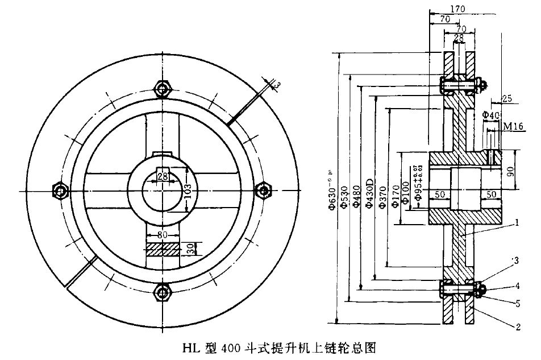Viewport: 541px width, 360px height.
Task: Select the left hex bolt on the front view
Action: tap(59, 190)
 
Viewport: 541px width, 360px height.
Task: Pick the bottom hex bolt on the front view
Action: tap(163, 292)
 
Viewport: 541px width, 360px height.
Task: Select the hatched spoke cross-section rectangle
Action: tap(163, 249)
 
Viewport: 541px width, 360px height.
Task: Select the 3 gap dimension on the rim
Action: tap(277, 84)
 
